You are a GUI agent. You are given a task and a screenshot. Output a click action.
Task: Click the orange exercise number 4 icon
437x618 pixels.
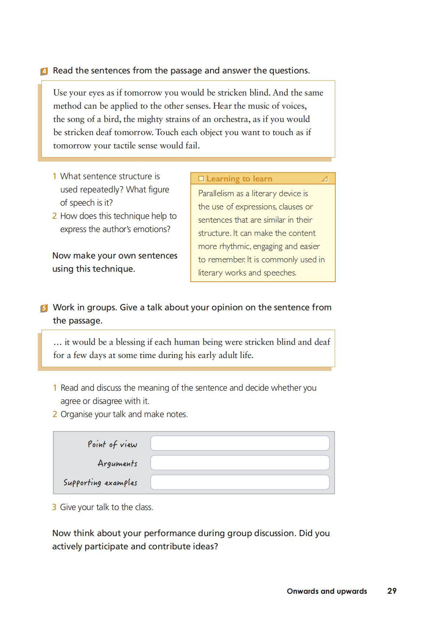coord(44,71)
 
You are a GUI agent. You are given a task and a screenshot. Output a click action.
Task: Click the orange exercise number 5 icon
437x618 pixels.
coord(44,308)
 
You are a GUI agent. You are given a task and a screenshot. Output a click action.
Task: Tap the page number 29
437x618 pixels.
coord(392,591)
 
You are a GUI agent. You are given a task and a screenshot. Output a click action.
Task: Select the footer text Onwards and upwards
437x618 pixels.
coord(327,591)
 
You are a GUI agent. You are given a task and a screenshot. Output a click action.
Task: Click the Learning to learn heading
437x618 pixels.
coord(239,179)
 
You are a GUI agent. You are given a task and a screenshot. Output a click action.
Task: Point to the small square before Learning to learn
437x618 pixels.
coord(201,179)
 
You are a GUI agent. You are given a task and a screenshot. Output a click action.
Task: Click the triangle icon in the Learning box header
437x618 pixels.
coord(325,179)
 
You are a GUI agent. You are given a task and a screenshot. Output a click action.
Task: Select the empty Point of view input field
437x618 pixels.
coord(240,443)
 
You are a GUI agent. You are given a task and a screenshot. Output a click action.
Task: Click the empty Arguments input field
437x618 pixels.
coord(240,463)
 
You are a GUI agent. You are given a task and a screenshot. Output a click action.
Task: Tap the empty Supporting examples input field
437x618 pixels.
coord(240,482)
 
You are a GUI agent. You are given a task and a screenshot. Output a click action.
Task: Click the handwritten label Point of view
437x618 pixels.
coord(112,444)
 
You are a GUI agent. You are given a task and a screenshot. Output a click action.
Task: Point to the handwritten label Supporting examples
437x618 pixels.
coord(100,483)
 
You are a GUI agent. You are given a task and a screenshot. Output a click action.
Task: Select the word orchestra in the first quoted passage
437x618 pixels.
coord(231,119)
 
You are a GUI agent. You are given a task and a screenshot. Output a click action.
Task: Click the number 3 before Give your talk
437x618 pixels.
coord(54,507)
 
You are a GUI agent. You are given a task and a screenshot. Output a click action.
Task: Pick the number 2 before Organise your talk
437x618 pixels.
coord(55,415)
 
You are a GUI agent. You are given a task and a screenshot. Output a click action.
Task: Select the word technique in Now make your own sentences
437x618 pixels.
coord(113,269)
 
